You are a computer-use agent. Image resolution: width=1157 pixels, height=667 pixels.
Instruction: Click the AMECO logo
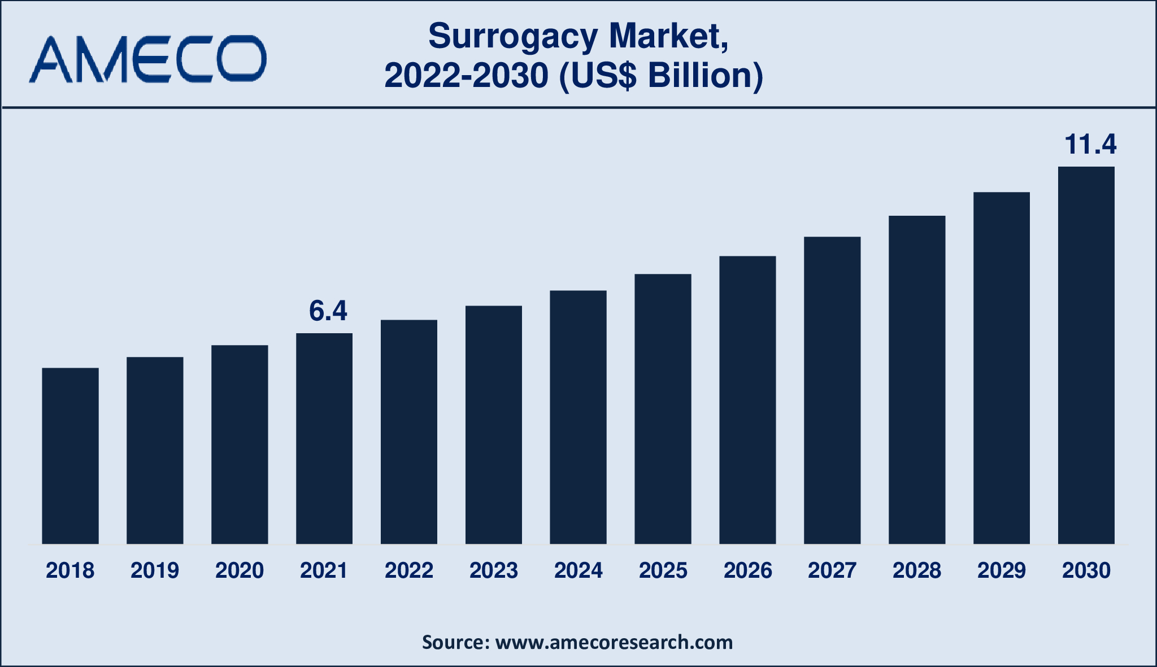pyautogui.click(x=148, y=59)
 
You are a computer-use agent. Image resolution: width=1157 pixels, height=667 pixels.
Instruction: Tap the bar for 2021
pyautogui.click(x=324, y=438)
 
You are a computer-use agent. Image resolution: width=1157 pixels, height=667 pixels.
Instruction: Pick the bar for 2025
pyautogui.click(x=663, y=409)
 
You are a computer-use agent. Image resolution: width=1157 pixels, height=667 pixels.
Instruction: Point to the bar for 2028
pyautogui.click(x=916, y=380)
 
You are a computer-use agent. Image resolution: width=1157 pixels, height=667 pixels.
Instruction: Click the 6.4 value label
pyautogui.click(x=328, y=311)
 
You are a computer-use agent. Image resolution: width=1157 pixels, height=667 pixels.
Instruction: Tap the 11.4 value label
pyautogui.click(x=1090, y=145)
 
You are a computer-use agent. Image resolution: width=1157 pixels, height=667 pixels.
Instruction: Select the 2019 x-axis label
pyautogui.click(x=155, y=570)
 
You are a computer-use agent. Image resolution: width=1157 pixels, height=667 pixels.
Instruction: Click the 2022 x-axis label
pyautogui.click(x=409, y=570)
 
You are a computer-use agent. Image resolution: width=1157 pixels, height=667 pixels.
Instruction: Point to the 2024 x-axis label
pyautogui.click(x=578, y=570)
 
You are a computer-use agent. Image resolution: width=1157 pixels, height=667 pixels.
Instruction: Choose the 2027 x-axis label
pyautogui.click(x=832, y=570)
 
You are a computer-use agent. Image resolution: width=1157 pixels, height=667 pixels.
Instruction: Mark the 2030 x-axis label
pyautogui.click(x=1086, y=570)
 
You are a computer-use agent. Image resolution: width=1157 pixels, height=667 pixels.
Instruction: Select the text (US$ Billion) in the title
pyautogui.click(x=660, y=76)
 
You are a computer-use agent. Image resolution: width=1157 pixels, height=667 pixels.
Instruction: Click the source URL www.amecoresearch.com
pyautogui.click(x=614, y=642)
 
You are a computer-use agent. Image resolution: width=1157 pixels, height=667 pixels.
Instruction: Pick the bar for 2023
pyautogui.click(x=493, y=425)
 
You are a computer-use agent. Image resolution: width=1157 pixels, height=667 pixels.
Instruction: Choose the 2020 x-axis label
pyautogui.click(x=240, y=570)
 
